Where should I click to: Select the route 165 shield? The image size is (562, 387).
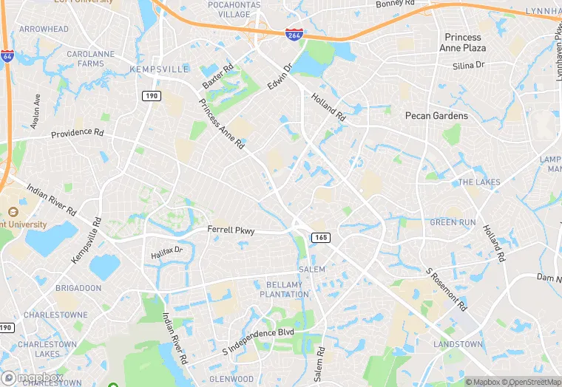coord(320,237)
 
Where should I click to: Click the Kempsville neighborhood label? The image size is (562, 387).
coord(159,69)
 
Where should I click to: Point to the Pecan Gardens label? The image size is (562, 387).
coord(436,116)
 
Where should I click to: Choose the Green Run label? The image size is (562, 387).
coord(453,222)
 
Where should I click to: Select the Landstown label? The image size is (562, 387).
coord(458,344)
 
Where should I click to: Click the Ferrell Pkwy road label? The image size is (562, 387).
coord(231,230)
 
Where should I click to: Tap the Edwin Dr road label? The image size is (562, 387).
coord(280,76)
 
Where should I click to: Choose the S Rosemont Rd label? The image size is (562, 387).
coord(447,289)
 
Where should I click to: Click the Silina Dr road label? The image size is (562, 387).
coord(468,65)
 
